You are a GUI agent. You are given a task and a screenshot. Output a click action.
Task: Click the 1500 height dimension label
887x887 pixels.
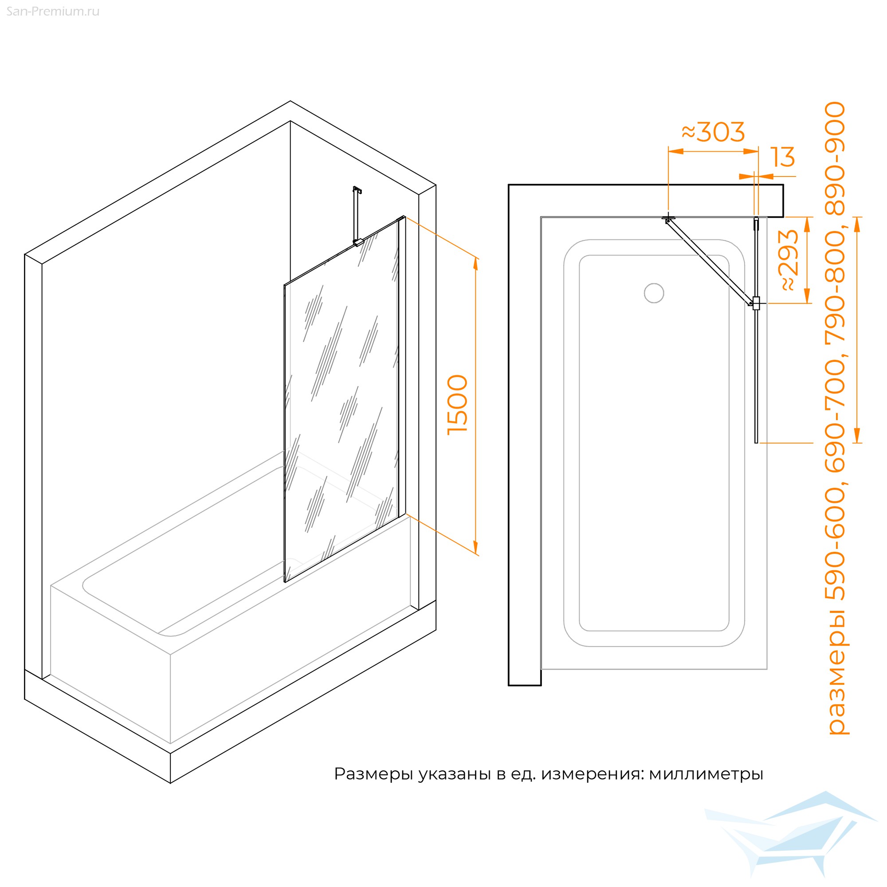[x=458, y=404]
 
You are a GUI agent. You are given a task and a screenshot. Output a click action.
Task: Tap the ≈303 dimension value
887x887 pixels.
[x=713, y=132]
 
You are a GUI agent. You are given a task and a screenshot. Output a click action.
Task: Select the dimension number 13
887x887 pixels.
[x=783, y=157]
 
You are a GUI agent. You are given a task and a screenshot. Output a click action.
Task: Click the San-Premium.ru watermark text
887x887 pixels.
[x=53, y=12]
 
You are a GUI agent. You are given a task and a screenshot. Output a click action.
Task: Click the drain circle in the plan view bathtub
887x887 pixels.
[x=654, y=293]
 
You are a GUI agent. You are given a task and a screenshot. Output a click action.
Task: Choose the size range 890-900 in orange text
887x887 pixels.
[x=836, y=158]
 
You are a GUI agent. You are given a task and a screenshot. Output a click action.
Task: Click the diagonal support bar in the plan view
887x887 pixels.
[x=709, y=262]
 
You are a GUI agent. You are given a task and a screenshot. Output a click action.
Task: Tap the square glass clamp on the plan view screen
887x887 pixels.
[x=756, y=303]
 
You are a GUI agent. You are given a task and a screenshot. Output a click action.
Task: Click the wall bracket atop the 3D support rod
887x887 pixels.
[x=357, y=190]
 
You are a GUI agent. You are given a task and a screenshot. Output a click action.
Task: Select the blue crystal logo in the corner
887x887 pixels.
[x=791, y=840]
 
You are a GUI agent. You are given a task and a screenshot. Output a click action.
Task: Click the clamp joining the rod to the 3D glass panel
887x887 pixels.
[x=358, y=242]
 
